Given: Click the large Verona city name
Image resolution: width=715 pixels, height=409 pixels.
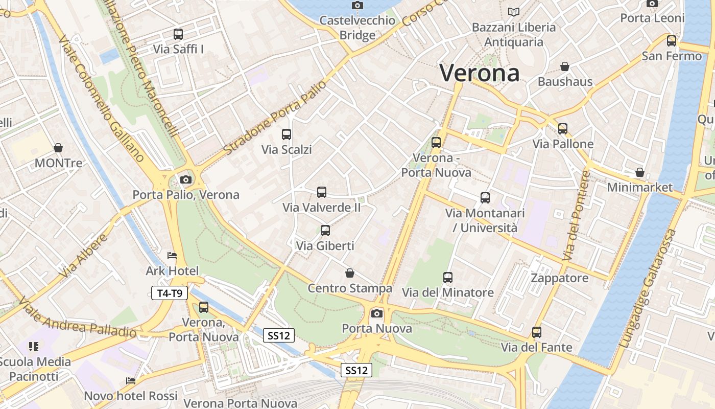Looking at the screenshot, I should coord(480,73).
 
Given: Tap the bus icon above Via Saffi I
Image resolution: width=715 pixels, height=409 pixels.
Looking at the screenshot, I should coord(178,34).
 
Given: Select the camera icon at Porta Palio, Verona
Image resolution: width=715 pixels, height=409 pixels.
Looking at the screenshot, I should coord(186,179).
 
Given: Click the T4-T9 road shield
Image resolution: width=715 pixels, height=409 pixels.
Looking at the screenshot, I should coord(170,293).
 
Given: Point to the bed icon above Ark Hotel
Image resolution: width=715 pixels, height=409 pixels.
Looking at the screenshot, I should coord(172,256).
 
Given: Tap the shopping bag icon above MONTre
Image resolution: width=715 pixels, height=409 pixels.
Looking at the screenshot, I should coord(58,148).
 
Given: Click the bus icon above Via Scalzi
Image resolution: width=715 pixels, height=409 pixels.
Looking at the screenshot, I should coord(287,134).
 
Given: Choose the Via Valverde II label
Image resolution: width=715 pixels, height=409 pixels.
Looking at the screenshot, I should coord(322,208).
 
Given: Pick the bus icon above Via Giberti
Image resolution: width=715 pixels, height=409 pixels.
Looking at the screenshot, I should coord(325,231).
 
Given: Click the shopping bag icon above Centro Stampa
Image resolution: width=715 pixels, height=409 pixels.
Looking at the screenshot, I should coord(350,273).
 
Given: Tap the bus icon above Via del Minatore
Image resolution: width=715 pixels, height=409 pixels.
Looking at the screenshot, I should coord(448,278).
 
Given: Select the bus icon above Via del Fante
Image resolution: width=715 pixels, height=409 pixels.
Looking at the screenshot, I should coord(537,332).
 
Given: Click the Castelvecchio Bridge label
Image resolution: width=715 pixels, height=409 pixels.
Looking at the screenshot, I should coord(357,28).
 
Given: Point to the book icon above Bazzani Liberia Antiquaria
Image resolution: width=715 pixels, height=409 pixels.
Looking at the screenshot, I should coord(513,12).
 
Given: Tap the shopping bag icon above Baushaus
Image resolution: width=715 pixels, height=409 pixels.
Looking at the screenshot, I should coord(565,66).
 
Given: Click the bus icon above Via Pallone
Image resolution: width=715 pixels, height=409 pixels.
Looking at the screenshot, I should coord(563,129).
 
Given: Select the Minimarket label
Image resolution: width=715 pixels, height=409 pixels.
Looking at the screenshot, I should coord(640,187).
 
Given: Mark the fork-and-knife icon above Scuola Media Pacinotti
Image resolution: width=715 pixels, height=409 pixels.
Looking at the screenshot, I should coord(34,347).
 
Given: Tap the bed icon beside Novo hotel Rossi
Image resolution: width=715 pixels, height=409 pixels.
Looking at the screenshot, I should coord(131,381).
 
